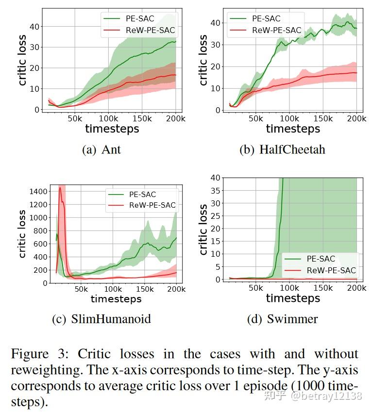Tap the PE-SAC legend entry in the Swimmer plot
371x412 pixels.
[x=320, y=259]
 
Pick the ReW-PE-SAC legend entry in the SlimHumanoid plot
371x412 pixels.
[x=152, y=205]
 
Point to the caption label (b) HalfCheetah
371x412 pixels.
[x=282, y=149]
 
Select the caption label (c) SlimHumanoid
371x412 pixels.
[x=101, y=319]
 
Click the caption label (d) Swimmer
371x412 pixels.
[x=282, y=319]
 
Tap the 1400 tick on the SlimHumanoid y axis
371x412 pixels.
[x=38, y=192]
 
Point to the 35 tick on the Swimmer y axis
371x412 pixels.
[x=215, y=191]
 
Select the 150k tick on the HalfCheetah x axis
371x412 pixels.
[x=323, y=119]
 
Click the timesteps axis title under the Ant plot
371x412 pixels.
[x=112, y=129]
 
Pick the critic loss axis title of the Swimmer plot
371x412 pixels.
[x=203, y=229]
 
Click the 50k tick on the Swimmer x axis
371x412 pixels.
[x=256, y=288]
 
